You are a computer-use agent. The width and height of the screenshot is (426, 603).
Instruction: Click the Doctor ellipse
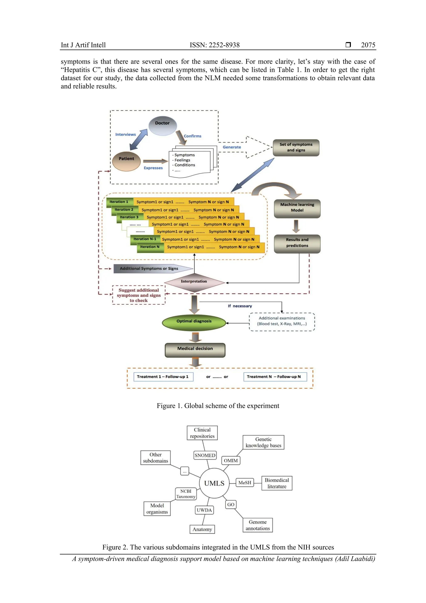pos(163,126)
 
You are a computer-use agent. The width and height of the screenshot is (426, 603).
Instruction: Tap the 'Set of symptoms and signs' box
pos(296,148)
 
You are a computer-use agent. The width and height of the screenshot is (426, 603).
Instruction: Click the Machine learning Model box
pos(297,208)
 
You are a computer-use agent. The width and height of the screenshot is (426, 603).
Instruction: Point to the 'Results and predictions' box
pos(297,244)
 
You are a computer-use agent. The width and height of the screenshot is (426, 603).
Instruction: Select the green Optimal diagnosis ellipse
pos(194,323)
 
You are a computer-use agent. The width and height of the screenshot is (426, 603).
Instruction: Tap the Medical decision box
pos(195,350)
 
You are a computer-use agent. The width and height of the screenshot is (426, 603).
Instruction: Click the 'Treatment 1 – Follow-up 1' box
pos(163,377)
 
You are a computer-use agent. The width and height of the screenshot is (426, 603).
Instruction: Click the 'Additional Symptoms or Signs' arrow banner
pos(152,268)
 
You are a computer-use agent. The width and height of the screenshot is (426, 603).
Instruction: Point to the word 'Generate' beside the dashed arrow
pos(232,147)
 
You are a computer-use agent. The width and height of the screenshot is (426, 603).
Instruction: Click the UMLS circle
pos(214,483)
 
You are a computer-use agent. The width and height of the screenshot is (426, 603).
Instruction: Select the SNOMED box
pos(205,455)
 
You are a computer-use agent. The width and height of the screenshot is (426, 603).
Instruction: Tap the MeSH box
pos(245,482)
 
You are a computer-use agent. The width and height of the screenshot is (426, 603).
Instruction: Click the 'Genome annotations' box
pos(258,525)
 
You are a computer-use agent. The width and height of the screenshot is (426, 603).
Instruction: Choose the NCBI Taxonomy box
pos(186,494)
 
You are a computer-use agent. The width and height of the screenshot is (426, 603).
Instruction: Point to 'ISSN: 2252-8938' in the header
pos(215,45)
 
